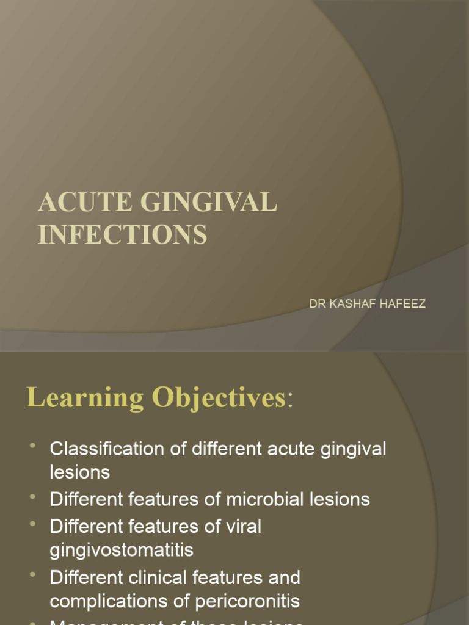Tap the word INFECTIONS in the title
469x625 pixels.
pos(122,234)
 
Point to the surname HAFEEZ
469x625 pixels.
pos(404,303)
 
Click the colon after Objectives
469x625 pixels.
pos(290,400)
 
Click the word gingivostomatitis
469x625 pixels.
pos(122,550)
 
